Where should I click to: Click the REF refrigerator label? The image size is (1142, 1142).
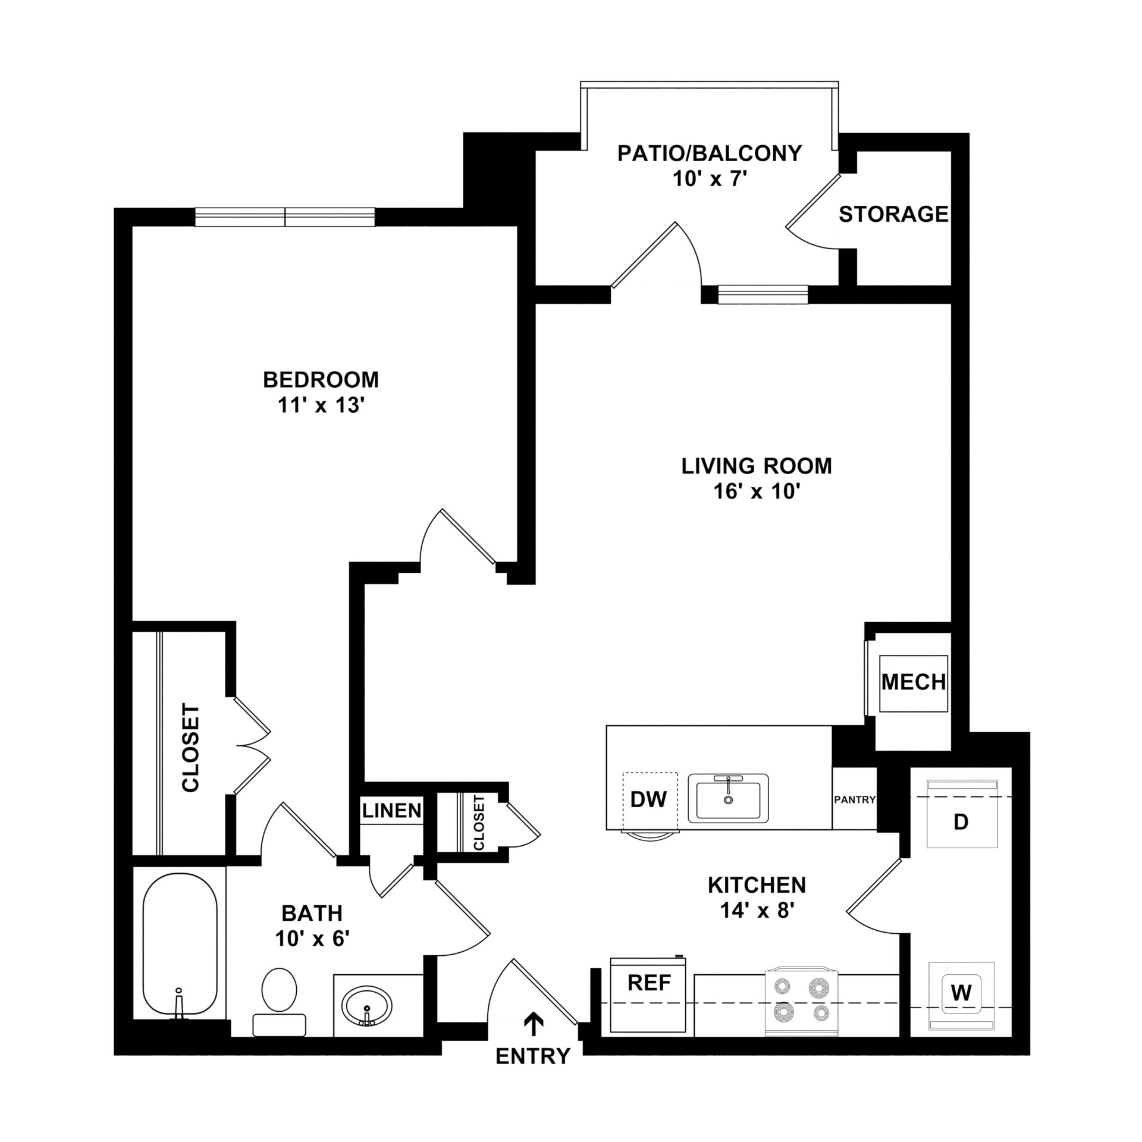[x=649, y=982]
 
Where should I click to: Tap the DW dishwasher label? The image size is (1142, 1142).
[x=648, y=799]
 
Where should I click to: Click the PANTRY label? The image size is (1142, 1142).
[x=855, y=800]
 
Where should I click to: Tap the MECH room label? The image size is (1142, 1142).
[x=914, y=682]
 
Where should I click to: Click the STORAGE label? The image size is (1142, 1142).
[x=893, y=214]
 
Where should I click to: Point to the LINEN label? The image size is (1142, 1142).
[x=392, y=810]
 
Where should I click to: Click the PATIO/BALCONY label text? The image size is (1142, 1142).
[x=710, y=153]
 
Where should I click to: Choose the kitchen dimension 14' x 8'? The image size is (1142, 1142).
[x=757, y=927]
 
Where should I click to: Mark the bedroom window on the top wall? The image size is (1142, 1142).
[x=285, y=217]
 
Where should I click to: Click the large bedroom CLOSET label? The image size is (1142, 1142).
[x=190, y=748]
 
